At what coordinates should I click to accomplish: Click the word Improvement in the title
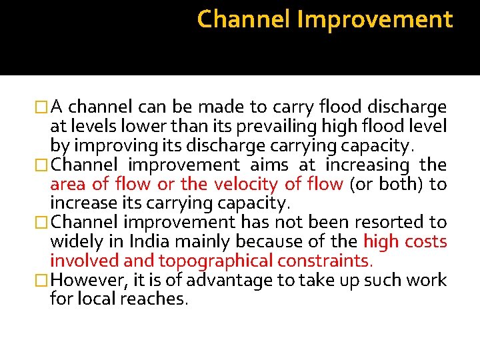pyautogui.click(x=375, y=20)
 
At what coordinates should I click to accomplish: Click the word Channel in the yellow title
pyautogui.click(x=243, y=19)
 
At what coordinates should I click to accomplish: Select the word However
pyautogui.click(x=79, y=280)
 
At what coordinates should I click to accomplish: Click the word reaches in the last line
pyautogui.click(x=158, y=299)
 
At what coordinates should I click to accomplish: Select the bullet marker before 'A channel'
pyautogui.click(x=43, y=107)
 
